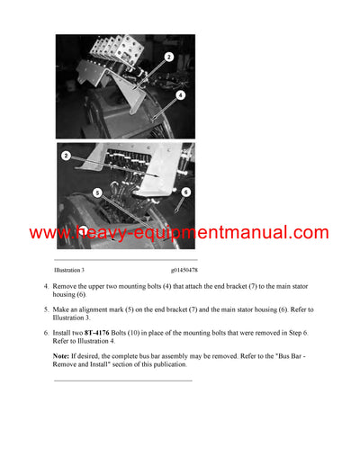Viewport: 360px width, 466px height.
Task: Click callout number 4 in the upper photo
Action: tap(180, 95)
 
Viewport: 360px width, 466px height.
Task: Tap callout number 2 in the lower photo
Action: tap(66, 156)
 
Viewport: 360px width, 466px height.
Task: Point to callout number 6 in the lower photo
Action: tap(184, 191)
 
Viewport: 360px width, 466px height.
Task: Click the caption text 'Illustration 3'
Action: tap(69, 269)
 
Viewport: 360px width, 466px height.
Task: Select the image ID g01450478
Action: tap(184, 269)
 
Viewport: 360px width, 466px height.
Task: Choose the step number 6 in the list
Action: tap(47, 333)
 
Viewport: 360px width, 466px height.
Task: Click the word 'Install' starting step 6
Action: tap(66, 333)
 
